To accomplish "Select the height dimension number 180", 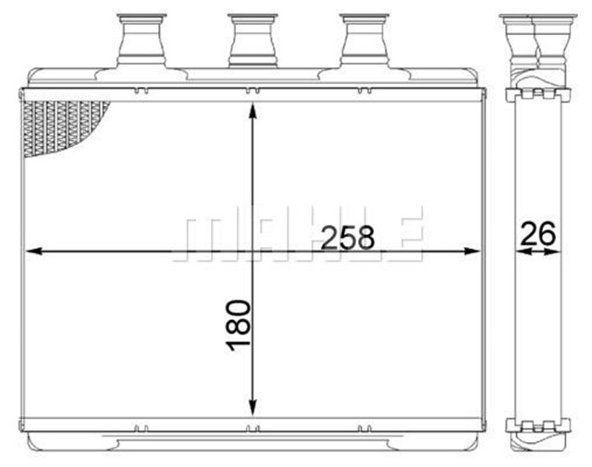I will pos(239,326).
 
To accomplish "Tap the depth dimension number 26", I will pos(537,235).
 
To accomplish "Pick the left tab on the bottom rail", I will pos(141,427).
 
